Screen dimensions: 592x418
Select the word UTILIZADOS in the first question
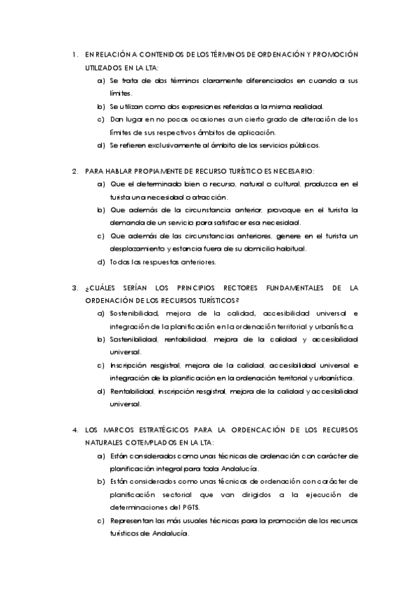[x=105, y=68]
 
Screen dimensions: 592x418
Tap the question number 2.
[x=75, y=171]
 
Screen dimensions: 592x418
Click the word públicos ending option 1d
[x=304, y=145]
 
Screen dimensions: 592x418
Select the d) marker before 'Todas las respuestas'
[x=102, y=262]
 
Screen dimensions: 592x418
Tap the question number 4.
[x=75, y=430]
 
